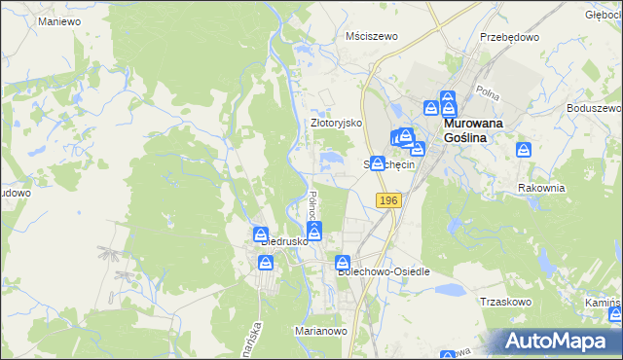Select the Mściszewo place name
[373, 36]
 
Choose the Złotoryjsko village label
[336, 124]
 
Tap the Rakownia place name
[541, 188]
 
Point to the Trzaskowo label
[504, 302]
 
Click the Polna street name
[487, 90]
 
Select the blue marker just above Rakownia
[524, 151]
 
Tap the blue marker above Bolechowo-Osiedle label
[343, 263]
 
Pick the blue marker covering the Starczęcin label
[377, 162]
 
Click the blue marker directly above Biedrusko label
[260, 234]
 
